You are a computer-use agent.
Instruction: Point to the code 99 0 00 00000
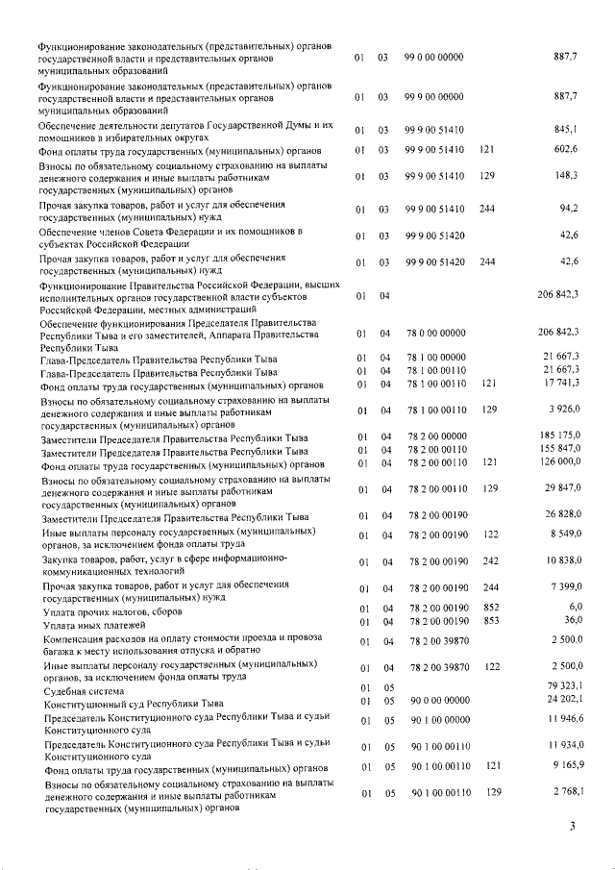(433, 59)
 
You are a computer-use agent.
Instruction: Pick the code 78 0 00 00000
(433, 334)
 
